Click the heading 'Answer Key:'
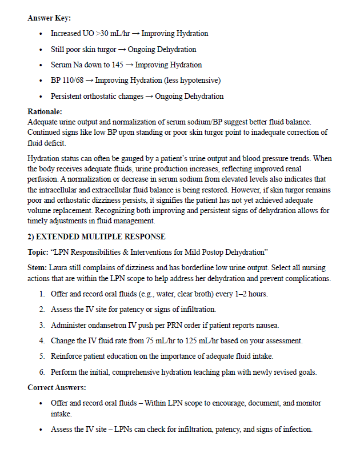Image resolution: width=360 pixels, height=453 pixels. coord(49,18)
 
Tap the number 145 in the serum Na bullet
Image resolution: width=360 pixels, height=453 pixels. coord(117,65)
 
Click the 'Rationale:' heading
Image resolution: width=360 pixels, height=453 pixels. coord(45,112)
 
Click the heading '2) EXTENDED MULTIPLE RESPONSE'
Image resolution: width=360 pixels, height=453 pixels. coord(97,236)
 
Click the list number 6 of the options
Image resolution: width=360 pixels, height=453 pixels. coord(42,372)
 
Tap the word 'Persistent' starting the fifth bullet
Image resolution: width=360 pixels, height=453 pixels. coord(67,96)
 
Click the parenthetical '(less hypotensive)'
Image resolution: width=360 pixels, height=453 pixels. coord(192,81)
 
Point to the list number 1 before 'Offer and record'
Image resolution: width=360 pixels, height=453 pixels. coord(42,294)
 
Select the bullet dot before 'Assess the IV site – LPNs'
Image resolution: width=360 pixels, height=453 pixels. coord(41,430)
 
